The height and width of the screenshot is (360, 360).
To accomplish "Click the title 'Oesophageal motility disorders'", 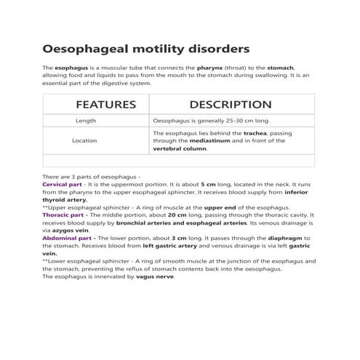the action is coord(146,49).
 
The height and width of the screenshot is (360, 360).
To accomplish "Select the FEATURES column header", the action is coord(106,105).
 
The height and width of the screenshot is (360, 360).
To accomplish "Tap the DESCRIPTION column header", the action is coord(230,105).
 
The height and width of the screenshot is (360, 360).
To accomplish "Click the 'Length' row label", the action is coord(85,120).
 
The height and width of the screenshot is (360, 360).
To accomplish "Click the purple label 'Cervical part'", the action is coord(63,185).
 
